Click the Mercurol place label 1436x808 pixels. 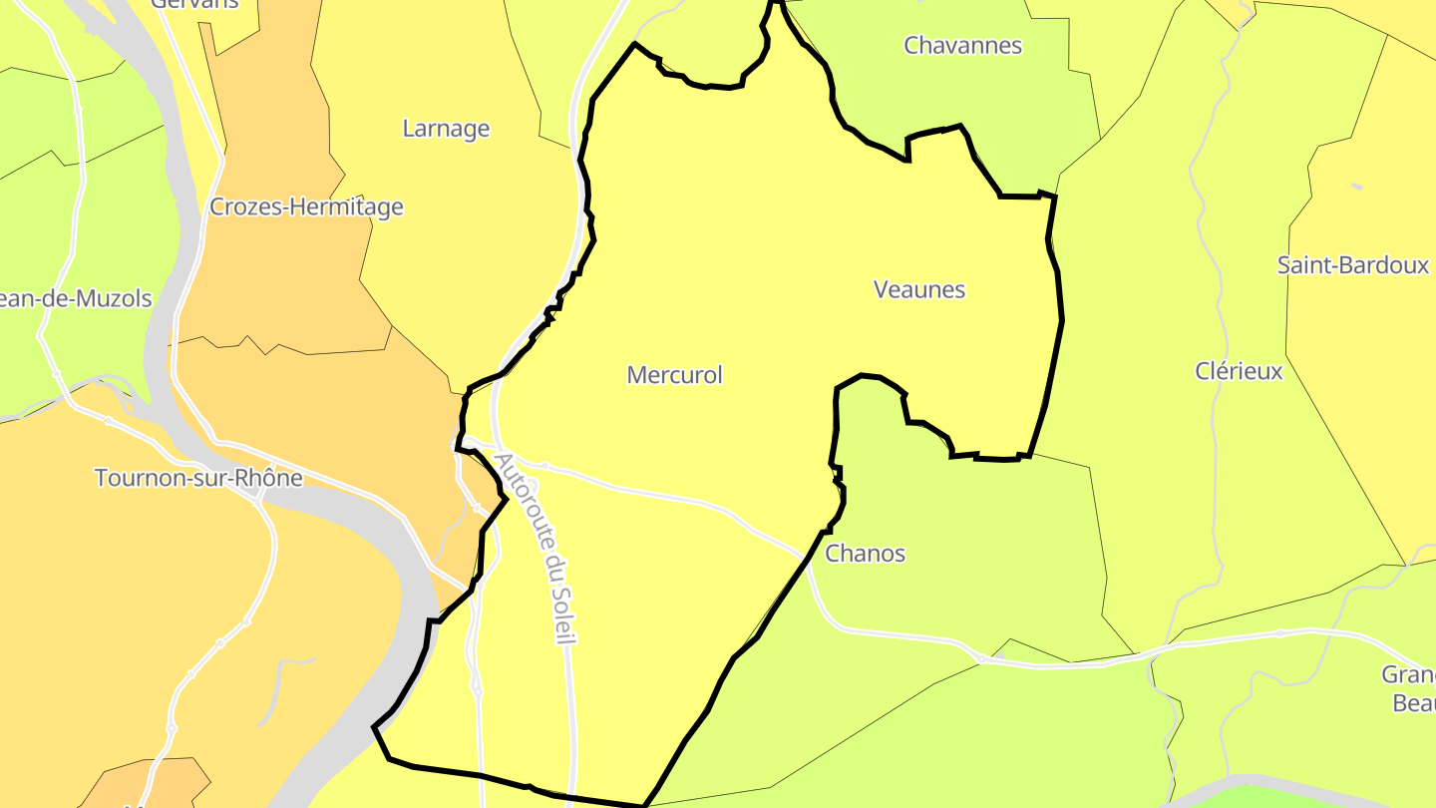click(x=674, y=375)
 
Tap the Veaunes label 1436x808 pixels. click(x=919, y=289)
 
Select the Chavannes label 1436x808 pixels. click(x=962, y=45)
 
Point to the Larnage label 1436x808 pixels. click(x=446, y=129)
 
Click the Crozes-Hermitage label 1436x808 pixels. click(x=306, y=206)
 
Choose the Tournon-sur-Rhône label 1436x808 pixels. click(x=198, y=478)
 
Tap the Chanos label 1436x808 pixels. click(x=866, y=554)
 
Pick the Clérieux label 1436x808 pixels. click(x=1239, y=371)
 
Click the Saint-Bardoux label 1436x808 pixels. click(x=1353, y=265)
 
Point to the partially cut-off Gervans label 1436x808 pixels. click(x=194, y=4)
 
